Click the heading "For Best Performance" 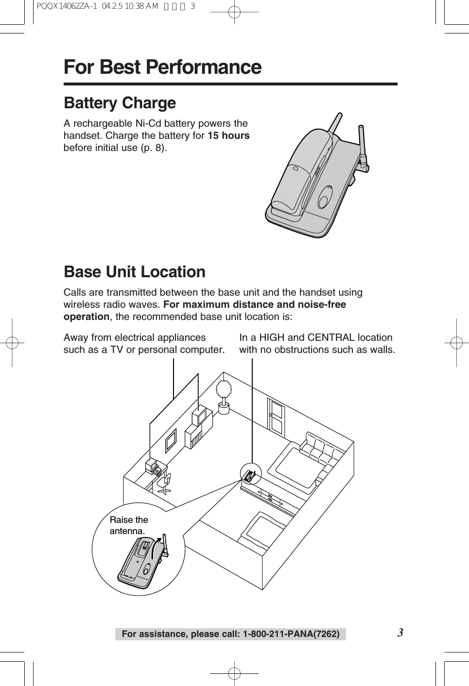[162, 67]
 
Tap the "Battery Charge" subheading [120, 103]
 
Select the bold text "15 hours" [228, 135]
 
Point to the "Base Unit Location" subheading [135, 272]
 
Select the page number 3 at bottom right [400, 633]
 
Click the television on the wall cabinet [201, 417]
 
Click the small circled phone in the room [250, 475]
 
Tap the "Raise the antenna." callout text [128, 525]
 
